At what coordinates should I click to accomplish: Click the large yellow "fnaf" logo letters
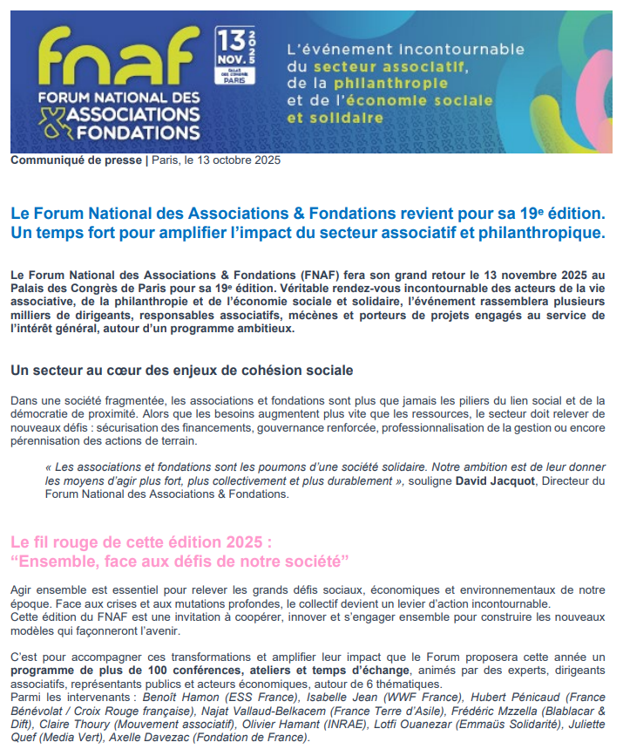click(x=113, y=57)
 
